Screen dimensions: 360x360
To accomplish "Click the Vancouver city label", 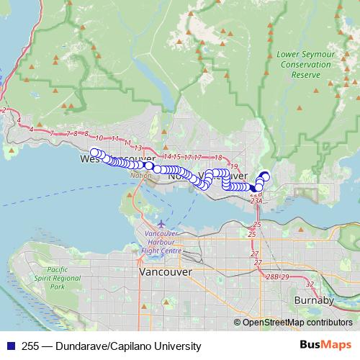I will coord(165,273).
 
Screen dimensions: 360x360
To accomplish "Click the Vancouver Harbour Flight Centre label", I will coord(161,243).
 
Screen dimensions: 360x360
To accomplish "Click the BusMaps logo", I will coord(325,346).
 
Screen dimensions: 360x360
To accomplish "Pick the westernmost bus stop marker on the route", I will coord(94,152).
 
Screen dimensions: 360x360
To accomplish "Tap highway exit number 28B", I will coord(271,276).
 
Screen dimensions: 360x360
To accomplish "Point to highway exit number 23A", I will coord(256,202).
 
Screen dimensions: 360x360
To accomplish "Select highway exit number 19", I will coord(234,166).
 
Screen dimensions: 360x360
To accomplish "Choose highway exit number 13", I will coord(138,147).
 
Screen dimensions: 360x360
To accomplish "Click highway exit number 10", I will coord(99,138).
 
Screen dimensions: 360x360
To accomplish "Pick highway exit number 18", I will coord(217,157).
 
